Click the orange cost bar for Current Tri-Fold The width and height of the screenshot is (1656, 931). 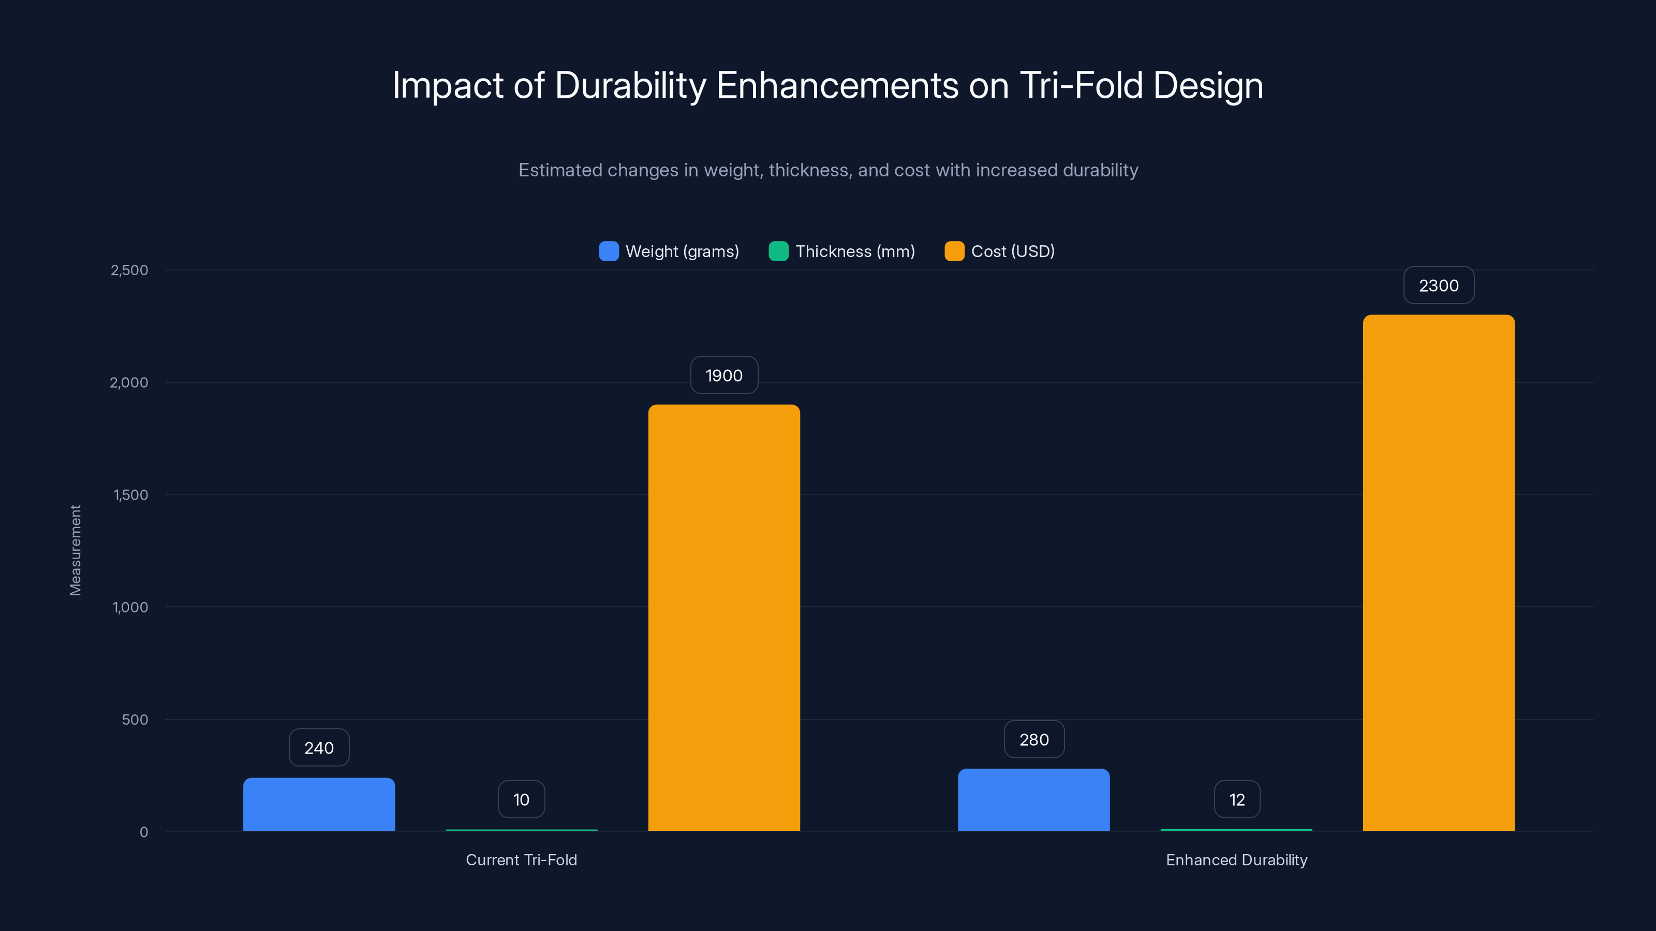tap(724, 617)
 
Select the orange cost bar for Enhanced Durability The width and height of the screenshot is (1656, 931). tap(1439, 572)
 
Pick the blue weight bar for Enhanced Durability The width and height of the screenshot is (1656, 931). tap(1034, 800)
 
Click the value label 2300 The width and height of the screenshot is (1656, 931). tap(1439, 286)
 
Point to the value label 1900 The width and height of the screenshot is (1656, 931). tap(724, 375)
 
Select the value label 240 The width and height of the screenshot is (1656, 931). tap(319, 748)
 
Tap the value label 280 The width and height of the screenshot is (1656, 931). tap(1034, 740)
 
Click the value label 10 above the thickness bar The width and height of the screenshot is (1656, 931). tap(521, 799)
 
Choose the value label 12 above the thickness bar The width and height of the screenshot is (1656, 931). tap(1237, 799)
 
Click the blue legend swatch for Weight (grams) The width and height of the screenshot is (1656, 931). tap(609, 251)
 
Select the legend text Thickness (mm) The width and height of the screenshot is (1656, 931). tap(855, 251)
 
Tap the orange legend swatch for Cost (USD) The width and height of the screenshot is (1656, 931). tap(954, 251)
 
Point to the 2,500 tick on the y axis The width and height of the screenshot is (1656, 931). tap(129, 270)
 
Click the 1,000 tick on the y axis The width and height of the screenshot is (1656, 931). tap(130, 607)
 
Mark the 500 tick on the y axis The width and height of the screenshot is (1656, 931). tap(135, 719)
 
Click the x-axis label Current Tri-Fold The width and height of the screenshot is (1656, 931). tap(521, 860)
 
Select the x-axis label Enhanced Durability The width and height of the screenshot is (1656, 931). tap(1236, 860)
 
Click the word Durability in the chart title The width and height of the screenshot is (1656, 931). tap(630, 85)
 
